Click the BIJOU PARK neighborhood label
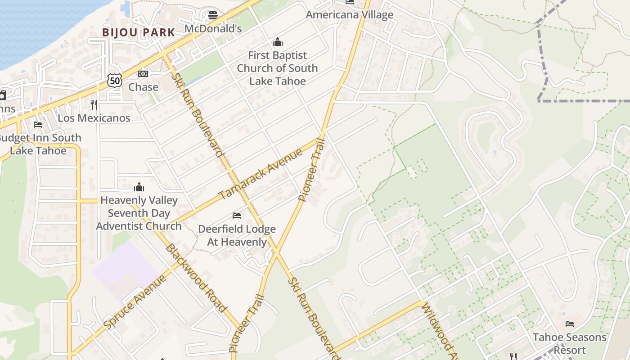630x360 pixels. click(138, 32)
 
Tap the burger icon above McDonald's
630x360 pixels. click(213, 16)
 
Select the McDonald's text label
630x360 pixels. click(213, 29)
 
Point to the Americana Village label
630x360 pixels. click(350, 15)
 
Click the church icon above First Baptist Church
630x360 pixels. click(278, 42)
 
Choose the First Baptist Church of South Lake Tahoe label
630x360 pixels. click(277, 68)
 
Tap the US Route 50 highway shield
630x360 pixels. click(115, 81)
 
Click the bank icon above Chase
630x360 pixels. click(143, 74)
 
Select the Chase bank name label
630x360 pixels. click(143, 87)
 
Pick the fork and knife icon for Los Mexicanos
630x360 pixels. click(94, 105)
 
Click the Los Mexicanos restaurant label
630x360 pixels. click(94, 118)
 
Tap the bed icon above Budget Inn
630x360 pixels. click(38, 125)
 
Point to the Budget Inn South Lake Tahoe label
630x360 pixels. click(39, 144)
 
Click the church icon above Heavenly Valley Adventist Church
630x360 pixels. click(139, 187)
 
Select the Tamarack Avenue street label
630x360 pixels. click(261, 174)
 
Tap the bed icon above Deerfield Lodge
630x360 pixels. click(237, 216)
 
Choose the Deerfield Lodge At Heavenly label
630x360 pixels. click(237, 235)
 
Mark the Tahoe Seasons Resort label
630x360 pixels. click(569, 343)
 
